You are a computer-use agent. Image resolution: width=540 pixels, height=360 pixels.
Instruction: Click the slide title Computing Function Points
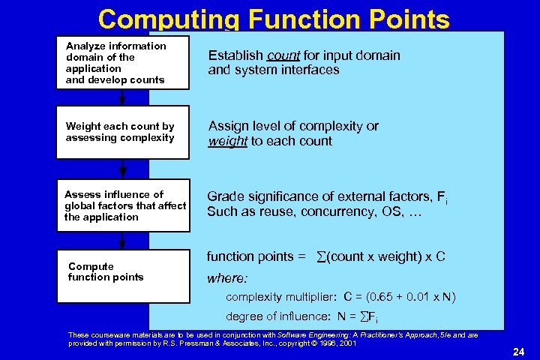point(274,19)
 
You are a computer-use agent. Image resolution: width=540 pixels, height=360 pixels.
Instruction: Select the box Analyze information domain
point(123,62)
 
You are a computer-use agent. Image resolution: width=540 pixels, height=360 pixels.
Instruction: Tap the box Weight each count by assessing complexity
point(123,133)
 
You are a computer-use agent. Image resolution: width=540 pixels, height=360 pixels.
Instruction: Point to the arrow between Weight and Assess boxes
point(123,169)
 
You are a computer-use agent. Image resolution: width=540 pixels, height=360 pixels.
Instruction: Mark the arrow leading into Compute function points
point(123,239)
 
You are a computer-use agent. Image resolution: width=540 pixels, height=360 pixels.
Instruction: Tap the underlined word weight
point(227,142)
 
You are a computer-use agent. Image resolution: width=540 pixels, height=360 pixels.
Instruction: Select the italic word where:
point(226,278)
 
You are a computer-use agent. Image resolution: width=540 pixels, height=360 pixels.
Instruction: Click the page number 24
point(517,351)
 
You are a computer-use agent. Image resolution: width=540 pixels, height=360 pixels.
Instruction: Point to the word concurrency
point(338,211)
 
